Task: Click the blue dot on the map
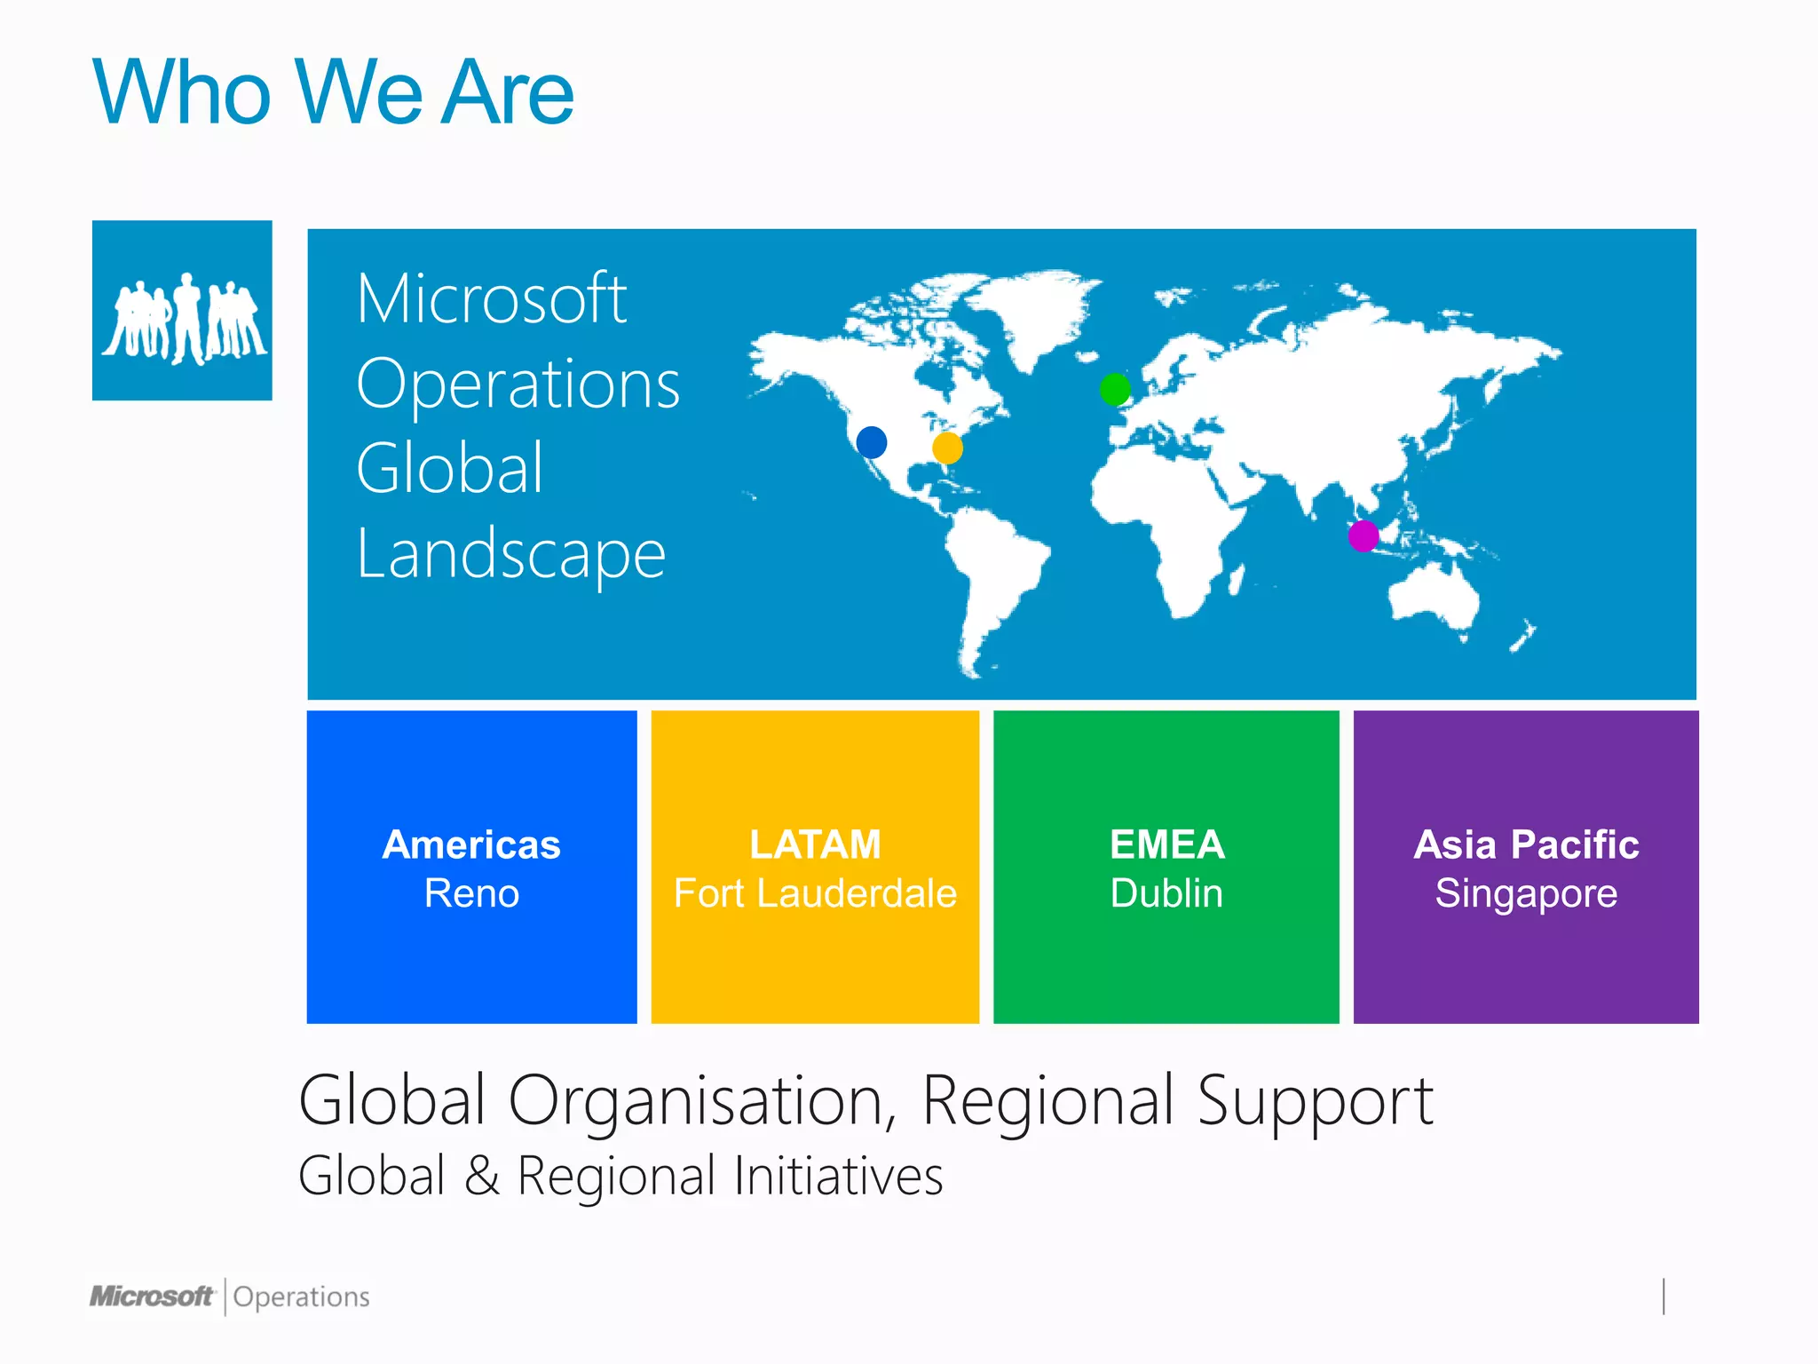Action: [x=872, y=441]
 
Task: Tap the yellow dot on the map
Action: [x=947, y=448]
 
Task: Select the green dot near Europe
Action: [x=1115, y=389]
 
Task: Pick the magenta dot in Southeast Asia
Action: [x=1363, y=535]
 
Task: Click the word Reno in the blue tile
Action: [x=471, y=893]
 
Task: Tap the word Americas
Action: [x=471, y=845]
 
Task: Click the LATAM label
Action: [x=815, y=845]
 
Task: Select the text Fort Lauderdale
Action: [x=815, y=893]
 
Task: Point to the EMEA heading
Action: [x=1166, y=845]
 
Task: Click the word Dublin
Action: [x=1166, y=893]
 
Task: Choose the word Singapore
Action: [x=1526, y=893]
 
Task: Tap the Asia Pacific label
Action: [x=1526, y=845]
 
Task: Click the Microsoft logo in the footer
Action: [x=152, y=1297]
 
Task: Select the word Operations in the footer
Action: [x=301, y=1297]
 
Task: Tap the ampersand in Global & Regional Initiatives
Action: [x=481, y=1176]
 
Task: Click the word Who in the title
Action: [x=182, y=92]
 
